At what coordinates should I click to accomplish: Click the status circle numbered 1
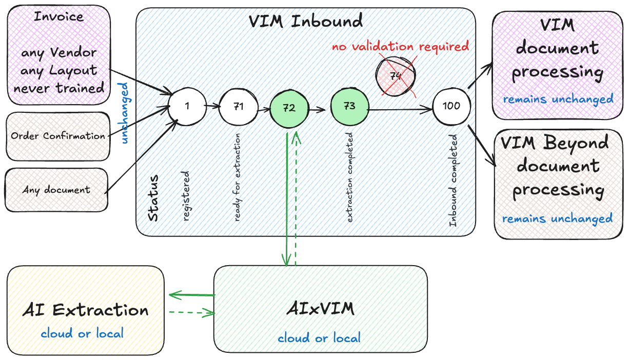187,106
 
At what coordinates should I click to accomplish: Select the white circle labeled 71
238,107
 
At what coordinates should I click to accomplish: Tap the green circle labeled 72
289,108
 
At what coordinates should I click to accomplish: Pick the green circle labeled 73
350,106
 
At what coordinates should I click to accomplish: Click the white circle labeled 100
451,106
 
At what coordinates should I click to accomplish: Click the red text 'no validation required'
400,47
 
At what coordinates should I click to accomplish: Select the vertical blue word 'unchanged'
124,112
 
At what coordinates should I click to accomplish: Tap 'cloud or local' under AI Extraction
82,333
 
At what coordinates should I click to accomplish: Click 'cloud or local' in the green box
319,338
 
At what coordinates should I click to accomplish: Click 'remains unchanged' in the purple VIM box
558,99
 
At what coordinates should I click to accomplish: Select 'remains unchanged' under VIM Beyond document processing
557,219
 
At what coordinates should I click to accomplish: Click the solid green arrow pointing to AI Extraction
191,295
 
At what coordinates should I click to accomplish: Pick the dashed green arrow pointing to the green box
191,312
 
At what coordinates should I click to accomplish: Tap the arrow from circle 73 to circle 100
400,109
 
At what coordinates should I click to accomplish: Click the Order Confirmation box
58,136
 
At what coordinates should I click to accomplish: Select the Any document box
56,190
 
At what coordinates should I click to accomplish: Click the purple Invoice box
58,54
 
